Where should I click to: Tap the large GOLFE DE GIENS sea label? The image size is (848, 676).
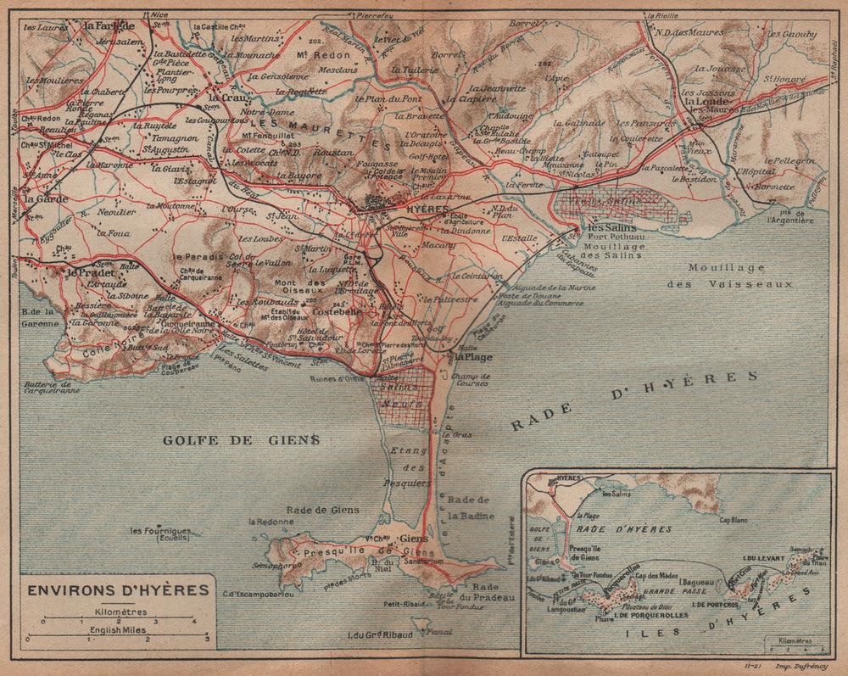click(x=242, y=439)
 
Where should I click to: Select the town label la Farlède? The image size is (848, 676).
click(x=109, y=25)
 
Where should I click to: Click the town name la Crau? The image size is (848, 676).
click(x=226, y=97)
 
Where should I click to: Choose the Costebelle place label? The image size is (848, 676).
click(x=315, y=311)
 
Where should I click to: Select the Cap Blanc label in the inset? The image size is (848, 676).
click(x=735, y=520)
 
